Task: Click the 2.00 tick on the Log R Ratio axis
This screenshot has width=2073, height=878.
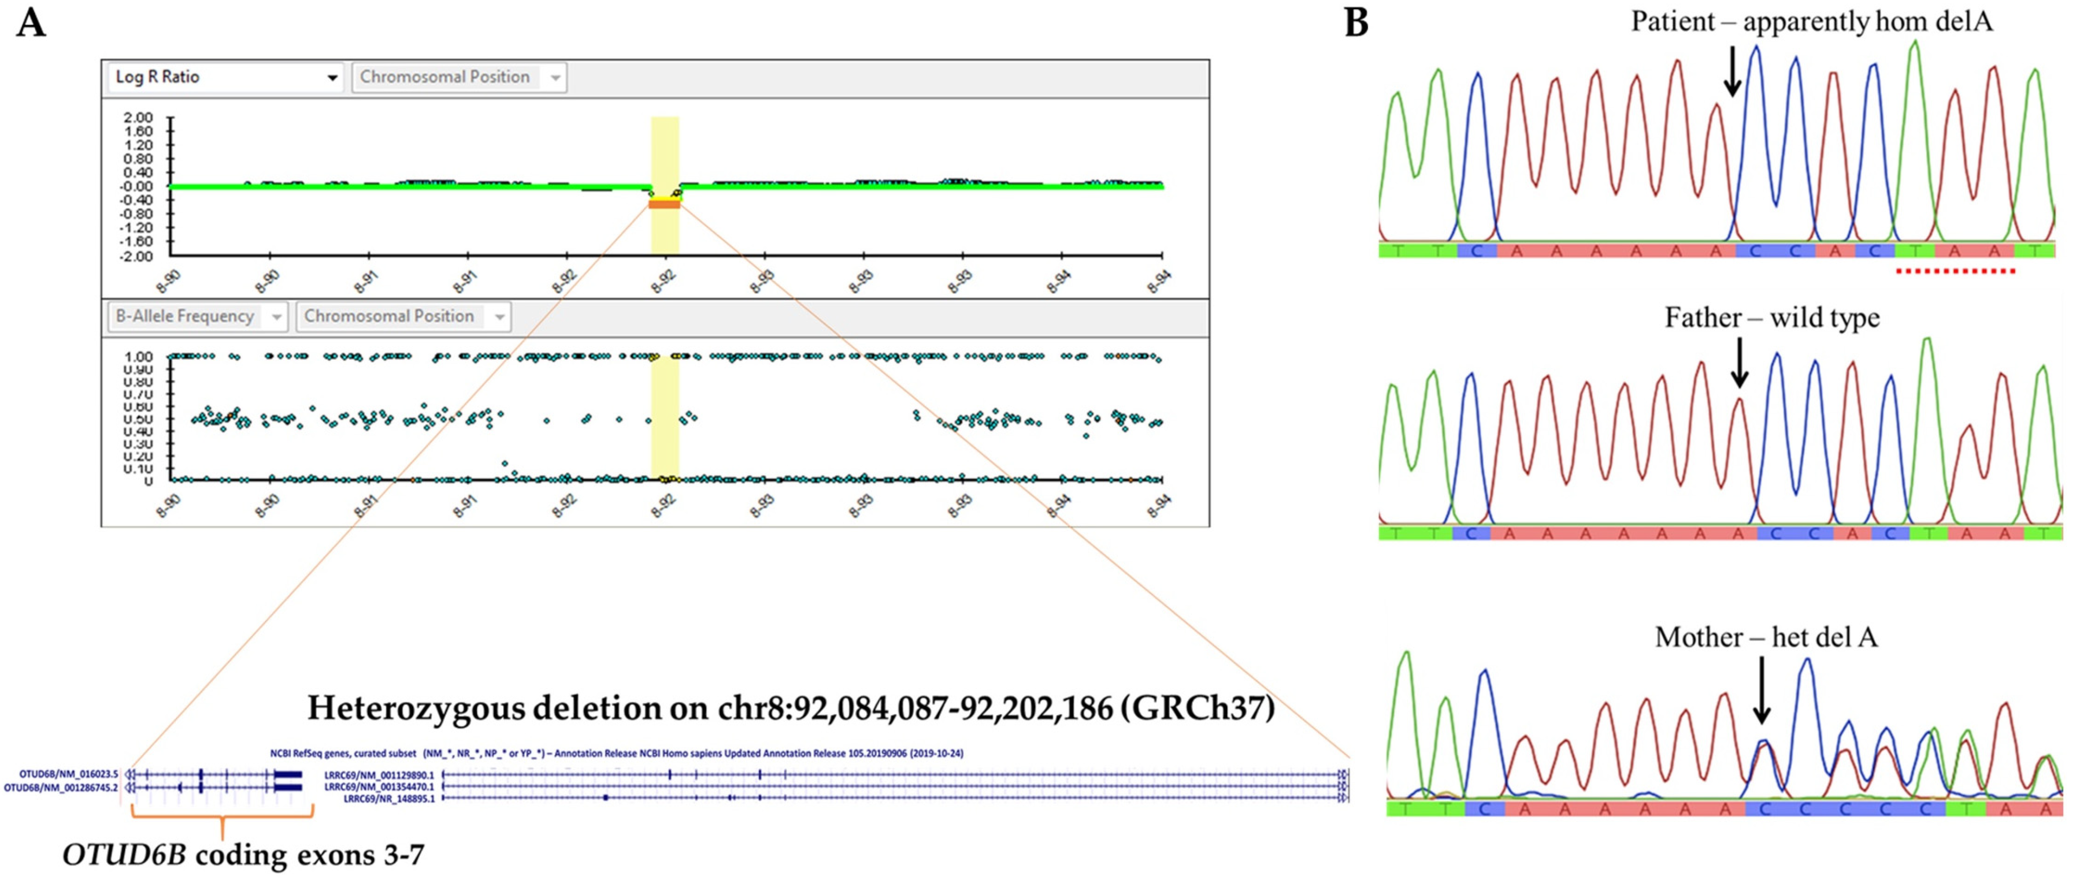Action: [138, 117]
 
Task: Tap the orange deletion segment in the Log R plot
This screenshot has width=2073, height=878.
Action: [665, 204]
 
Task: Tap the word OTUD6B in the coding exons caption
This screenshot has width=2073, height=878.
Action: [124, 855]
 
